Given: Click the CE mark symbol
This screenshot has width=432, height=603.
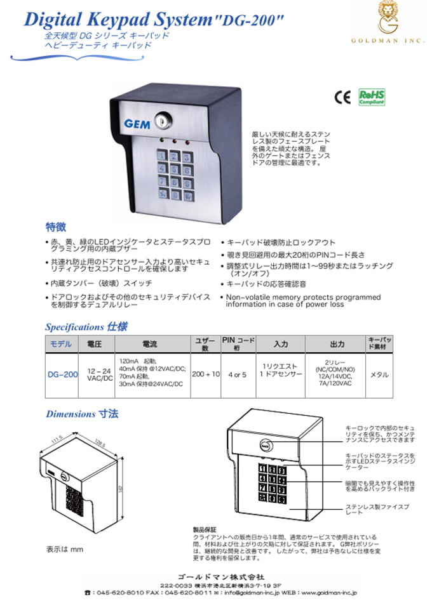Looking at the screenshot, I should click(x=342, y=97).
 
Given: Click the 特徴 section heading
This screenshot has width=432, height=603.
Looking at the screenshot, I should click(x=55, y=227).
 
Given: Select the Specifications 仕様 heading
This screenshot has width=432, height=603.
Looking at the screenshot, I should click(x=86, y=327).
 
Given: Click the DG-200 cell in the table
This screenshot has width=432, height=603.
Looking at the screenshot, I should click(x=62, y=374).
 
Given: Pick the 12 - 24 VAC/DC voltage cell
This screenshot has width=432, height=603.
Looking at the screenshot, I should click(x=99, y=374).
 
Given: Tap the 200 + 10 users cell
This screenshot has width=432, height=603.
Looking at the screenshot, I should click(x=206, y=374).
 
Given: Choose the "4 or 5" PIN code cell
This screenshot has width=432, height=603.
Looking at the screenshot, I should click(x=237, y=374).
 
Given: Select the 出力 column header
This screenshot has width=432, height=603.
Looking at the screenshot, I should click(x=337, y=344).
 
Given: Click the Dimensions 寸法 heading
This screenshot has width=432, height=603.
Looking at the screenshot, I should click(x=82, y=414).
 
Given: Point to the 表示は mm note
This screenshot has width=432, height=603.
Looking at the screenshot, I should click(x=65, y=548).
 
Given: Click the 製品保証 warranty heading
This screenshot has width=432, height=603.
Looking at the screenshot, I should click(x=205, y=529).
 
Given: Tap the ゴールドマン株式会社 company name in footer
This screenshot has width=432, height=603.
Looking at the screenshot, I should click(x=215, y=575).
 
